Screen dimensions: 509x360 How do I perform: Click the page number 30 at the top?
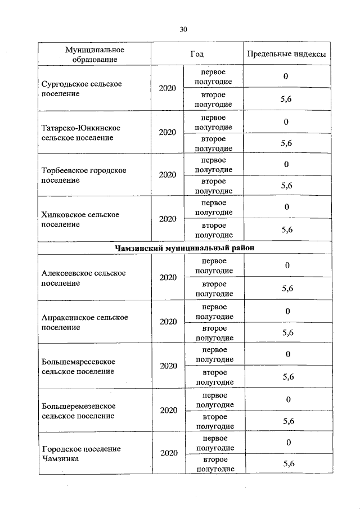pos(183,29)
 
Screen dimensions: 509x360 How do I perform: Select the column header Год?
pos(196,54)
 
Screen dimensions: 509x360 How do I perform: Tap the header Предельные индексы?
pos(286,55)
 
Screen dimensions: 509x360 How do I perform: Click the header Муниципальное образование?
pos(94,55)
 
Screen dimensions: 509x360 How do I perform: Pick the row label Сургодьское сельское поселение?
pos(82,89)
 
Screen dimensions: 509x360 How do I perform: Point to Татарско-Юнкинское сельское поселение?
pos(82,133)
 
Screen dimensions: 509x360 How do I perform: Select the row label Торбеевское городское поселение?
pos(84,175)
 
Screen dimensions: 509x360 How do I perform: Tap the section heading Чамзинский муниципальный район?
pos(183,248)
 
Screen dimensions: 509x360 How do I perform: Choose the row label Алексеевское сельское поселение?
pos(83,278)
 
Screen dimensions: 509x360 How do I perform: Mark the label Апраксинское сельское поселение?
pos(84,322)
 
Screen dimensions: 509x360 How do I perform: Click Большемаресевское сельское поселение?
pos(78,366)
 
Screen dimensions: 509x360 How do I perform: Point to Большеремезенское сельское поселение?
pos(78,411)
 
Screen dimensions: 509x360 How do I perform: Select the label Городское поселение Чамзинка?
pos(81,454)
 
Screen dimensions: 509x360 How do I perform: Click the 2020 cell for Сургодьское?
pos(167,88)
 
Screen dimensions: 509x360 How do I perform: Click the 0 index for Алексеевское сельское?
pos(287,265)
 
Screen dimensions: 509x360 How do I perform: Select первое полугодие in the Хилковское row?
pos(214,208)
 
